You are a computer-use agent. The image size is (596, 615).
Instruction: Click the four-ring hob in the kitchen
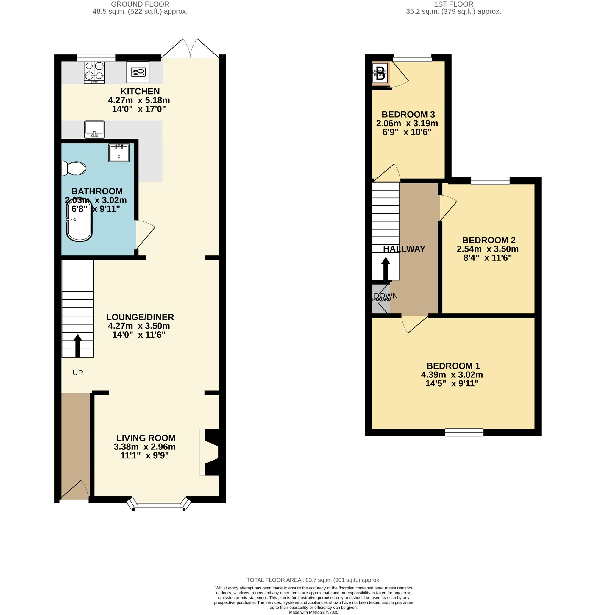click(x=94, y=72)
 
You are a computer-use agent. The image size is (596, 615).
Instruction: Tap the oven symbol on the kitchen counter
click(x=138, y=72)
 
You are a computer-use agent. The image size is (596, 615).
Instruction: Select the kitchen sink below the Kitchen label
click(x=94, y=129)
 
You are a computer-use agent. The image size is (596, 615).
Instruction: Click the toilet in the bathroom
click(x=74, y=168)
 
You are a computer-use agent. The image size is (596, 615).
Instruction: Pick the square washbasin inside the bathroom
click(x=119, y=153)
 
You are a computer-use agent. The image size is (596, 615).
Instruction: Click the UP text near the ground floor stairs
click(x=77, y=373)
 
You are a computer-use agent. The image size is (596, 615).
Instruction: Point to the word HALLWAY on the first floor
click(x=404, y=249)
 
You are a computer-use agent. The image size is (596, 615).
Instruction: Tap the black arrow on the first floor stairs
click(x=386, y=269)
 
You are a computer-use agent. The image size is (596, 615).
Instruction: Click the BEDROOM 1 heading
click(x=453, y=366)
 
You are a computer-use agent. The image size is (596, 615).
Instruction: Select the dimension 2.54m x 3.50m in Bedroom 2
click(x=487, y=249)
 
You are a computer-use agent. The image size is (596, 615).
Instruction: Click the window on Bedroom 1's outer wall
click(x=464, y=433)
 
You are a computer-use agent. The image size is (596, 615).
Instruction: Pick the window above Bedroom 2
click(x=490, y=181)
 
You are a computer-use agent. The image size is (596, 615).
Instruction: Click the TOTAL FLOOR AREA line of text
click(x=313, y=580)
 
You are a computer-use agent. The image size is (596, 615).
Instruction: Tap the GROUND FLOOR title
click(x=140, y=4)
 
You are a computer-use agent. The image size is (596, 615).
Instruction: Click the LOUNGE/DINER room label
click(x=140, y=317)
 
